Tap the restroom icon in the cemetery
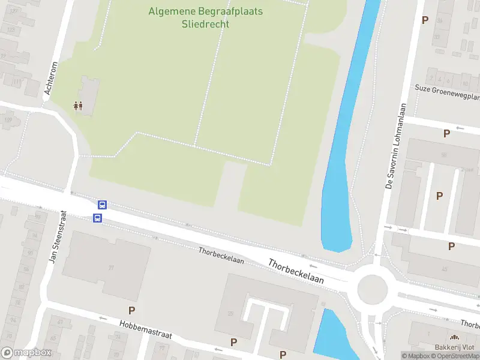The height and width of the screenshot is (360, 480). [x=78, y=106]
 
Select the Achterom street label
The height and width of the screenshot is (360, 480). [x=50, y=78]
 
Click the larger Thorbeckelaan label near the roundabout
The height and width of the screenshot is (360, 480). [x=296, y=271]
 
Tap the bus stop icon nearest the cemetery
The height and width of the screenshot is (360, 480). [x=102, y=205]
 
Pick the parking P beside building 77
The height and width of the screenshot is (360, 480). [x=131, y=310]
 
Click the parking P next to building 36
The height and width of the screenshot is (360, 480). [x=425, y=20]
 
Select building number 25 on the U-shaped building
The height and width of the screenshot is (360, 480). [x=230, y=313]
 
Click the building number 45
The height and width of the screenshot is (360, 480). [x=445, y=269]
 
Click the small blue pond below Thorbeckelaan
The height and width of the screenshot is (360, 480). [x=331, y=336]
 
